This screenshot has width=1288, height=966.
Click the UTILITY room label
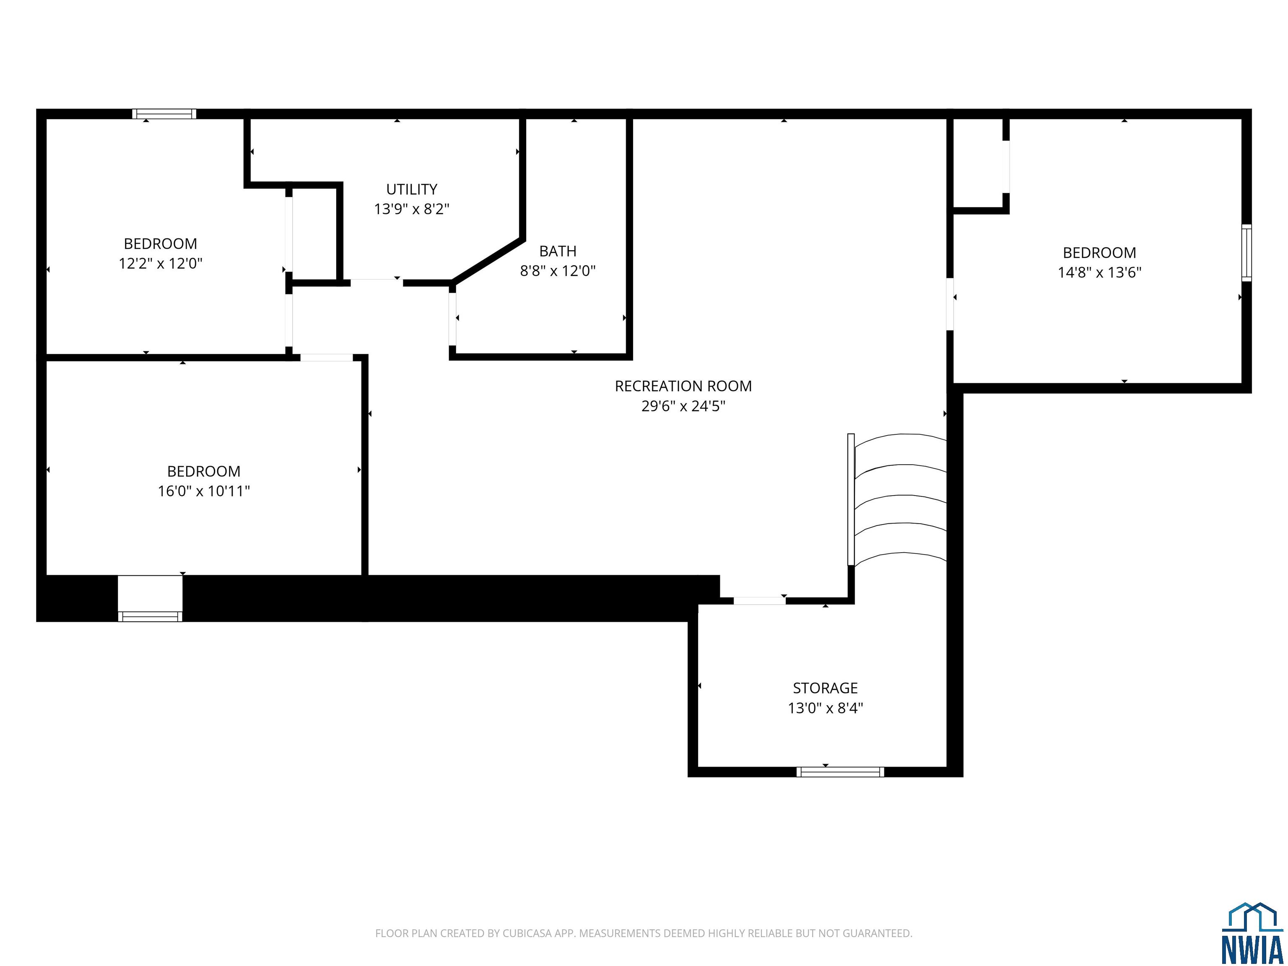point(412,189)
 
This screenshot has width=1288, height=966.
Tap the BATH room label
point(558,251)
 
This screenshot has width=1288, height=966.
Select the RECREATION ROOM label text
point(683,386)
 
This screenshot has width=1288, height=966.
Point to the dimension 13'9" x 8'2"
point(412,209)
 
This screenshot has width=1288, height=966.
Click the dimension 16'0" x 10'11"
point(204,491)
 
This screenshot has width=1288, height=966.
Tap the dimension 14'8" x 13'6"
point(1099,273)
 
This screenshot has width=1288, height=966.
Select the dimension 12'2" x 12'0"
point(161,263)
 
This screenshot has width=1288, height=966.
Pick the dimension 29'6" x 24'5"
point(683,406)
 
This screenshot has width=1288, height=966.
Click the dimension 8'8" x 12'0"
point(558,271)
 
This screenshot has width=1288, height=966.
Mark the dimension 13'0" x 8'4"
point(825,708)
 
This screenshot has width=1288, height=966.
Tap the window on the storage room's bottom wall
point(840,772)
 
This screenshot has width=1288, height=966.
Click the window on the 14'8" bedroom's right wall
point(1246,253)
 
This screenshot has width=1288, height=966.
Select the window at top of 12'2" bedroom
point(164,114)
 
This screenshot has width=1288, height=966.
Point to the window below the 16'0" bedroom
point(150,616)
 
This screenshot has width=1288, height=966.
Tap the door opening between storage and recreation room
point(759,601)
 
